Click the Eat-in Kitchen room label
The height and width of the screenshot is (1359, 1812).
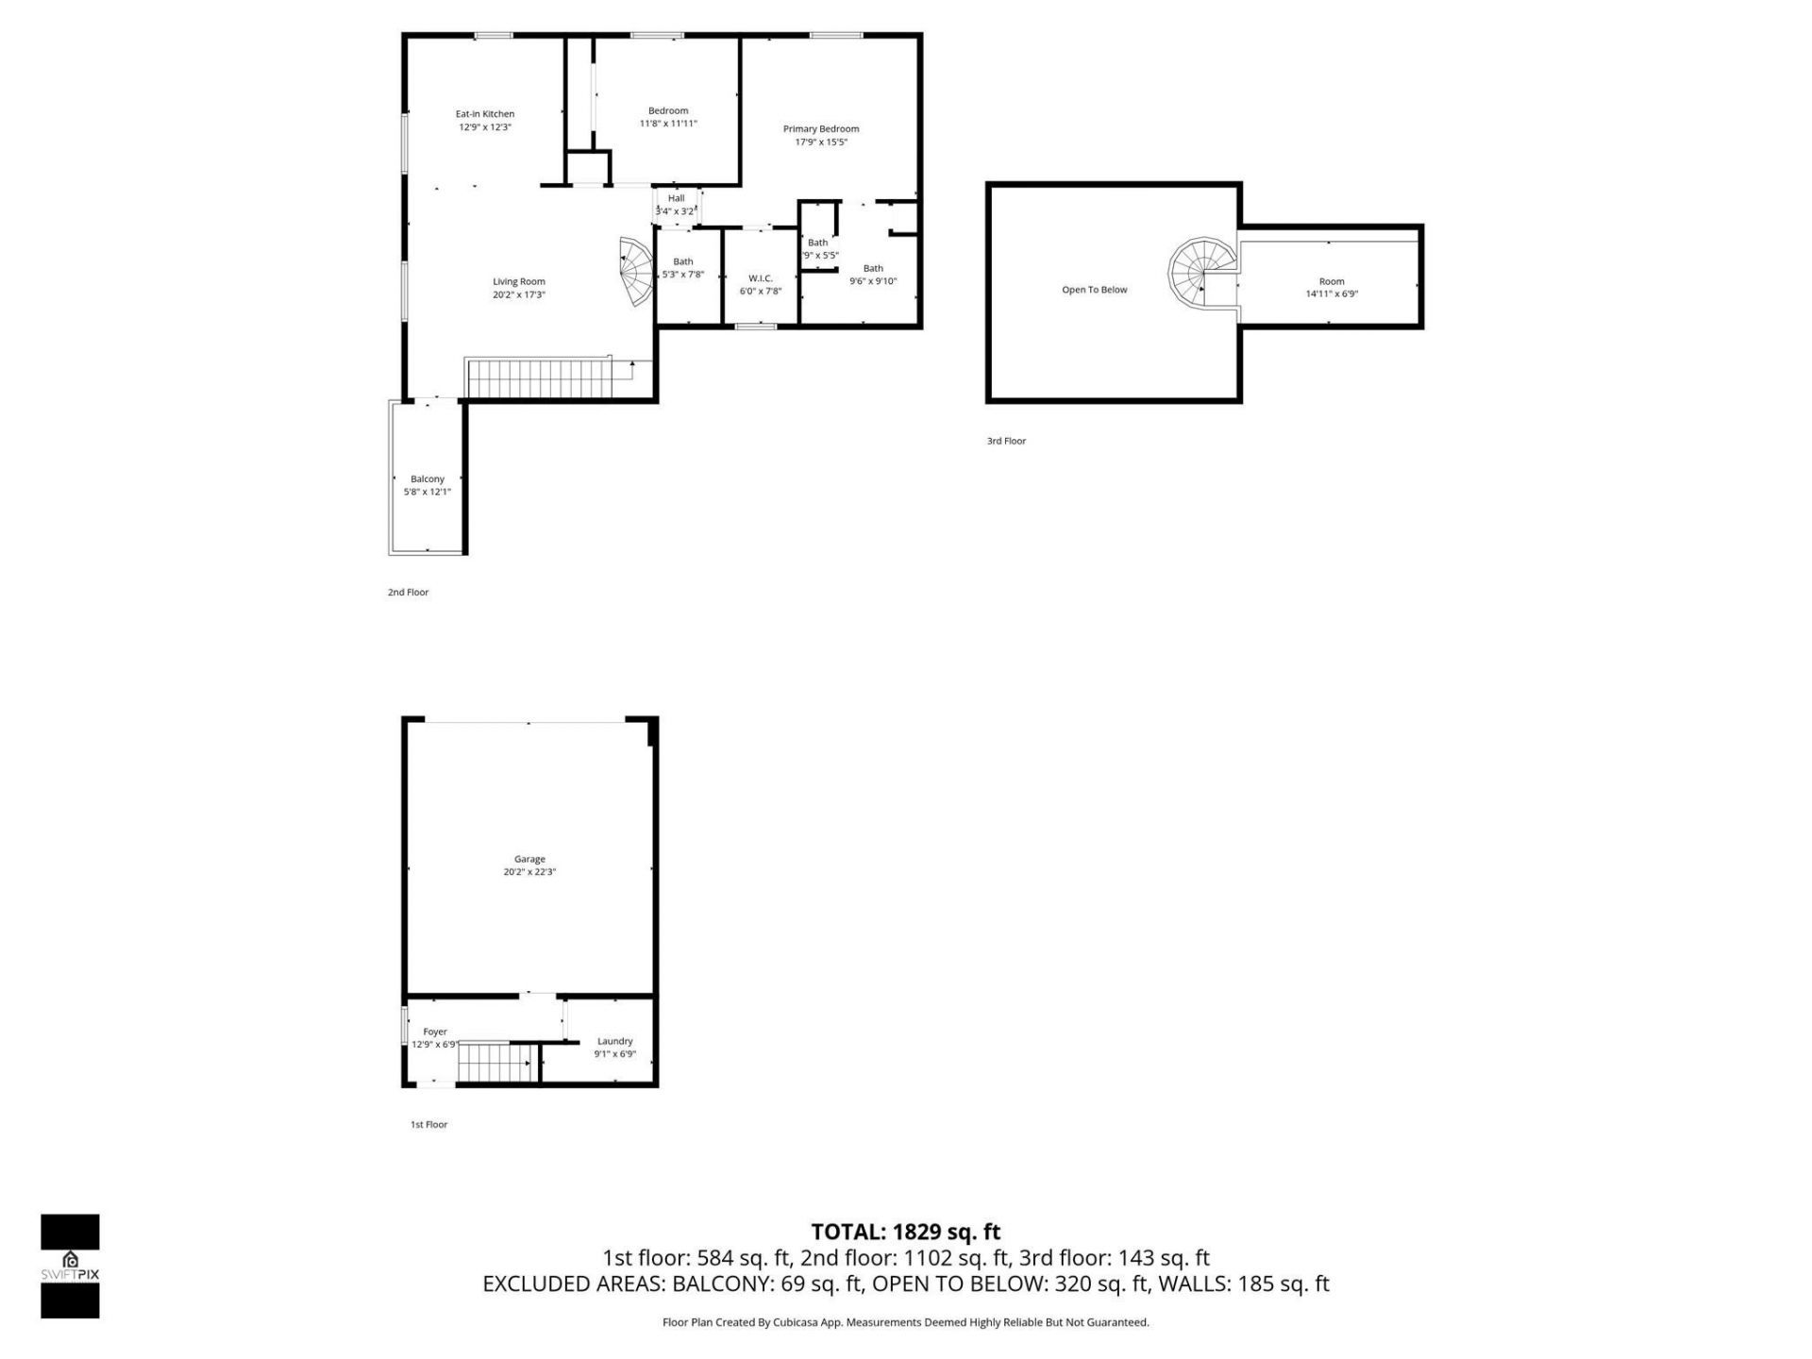coord(485,114)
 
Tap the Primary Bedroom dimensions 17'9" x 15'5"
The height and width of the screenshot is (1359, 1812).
coord(821,143)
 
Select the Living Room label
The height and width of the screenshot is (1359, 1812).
coord(519,281)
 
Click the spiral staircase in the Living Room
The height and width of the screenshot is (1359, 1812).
coord(636,272)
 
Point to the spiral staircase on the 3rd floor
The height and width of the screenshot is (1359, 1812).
coord(1200,271)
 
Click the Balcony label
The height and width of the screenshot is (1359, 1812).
coord(428,479)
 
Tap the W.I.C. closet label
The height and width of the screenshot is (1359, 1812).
coord(761,278)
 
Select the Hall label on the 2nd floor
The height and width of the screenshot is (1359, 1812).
coord(676,198)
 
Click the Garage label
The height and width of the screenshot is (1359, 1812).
coord(529,859)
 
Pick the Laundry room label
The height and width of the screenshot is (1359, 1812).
coord(614,1041)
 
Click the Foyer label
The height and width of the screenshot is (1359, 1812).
coord(435,1032)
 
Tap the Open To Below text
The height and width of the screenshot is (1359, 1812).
coord(1095,290)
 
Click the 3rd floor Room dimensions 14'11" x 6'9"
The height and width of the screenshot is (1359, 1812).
coord(1332,294)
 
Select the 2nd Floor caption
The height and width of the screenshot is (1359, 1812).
coord(408,593)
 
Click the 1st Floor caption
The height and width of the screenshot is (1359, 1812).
coord(428,1125)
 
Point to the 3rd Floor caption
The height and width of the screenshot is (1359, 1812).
coord(1006,441)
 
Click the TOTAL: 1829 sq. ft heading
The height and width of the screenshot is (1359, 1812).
coord(905,1232)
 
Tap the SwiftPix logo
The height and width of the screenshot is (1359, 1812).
coord(70,1266)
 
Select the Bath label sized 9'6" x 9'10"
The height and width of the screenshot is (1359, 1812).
coord(873,268)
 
